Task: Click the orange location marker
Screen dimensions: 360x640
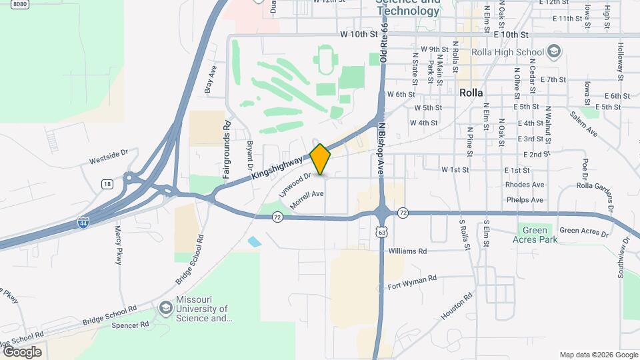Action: point(321,159)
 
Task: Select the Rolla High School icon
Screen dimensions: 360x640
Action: point(553,51)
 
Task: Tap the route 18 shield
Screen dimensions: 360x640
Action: point(107,183)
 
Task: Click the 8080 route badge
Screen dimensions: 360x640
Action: point(20,4)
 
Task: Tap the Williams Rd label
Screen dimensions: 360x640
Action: point(407,251)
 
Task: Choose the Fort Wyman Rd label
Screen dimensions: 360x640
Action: point(412,282)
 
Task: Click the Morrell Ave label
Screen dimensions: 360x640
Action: point(307,198)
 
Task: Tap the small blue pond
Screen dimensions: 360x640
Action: point(255,241)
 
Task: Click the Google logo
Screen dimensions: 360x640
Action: point(22,352)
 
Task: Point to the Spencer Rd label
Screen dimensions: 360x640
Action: point(130,325)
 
